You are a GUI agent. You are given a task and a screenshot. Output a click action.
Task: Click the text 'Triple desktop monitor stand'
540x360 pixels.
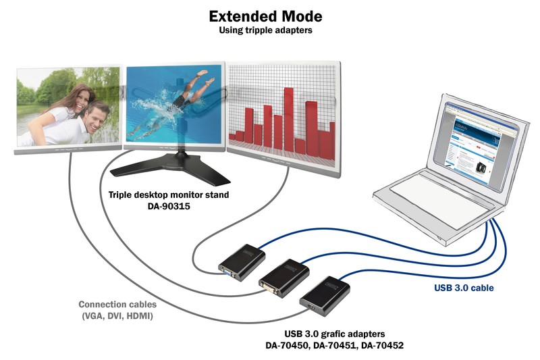coord(169,195)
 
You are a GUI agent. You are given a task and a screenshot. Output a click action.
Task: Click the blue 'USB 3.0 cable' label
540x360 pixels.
coord(464,288)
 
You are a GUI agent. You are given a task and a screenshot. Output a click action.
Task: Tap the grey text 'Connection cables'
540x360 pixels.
coord(116,304)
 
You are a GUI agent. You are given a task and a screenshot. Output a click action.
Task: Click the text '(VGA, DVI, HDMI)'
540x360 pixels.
coord(116,315)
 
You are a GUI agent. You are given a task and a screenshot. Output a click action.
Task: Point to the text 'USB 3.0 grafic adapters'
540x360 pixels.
coord(333,333)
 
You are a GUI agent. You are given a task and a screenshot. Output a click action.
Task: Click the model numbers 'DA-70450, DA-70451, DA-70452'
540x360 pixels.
coord(333,345)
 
